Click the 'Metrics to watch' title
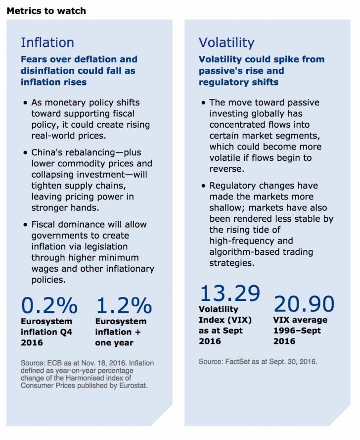pyautogui.click(x=46, y=10)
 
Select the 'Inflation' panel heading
pyautogui.click(x=47, y=43)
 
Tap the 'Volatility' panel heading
pyautogui.click(x=226, y=43)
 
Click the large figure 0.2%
pyautogui.click(x=49, y=306)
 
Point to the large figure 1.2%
pyautogui.click(x=124, y=306)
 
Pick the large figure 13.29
pyautogui.click(x=229, y=293)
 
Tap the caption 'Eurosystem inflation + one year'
pyautogui.click(x=121, y=332)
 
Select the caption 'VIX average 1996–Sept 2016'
pyautogui.click(x=301, y=331)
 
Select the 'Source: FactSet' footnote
pyautogui.click(x=258, y=362)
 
